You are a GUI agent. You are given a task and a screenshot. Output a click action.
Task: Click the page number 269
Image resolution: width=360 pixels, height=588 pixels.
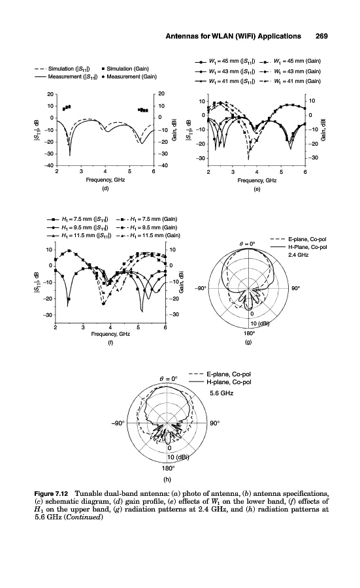coord(321,36)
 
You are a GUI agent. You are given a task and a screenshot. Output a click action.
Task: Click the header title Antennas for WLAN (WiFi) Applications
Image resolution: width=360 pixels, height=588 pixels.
coord(233,36)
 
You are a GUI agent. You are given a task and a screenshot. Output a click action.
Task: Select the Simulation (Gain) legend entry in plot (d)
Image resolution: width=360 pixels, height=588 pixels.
coord(125,69)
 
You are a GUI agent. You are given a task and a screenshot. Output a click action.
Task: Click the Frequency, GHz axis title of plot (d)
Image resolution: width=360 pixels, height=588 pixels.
coord(105,180)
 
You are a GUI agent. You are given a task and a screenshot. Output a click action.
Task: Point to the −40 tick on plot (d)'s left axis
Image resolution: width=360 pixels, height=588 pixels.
coord(50,165)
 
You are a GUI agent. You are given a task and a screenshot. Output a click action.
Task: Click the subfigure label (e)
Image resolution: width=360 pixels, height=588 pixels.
coord(257,189)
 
